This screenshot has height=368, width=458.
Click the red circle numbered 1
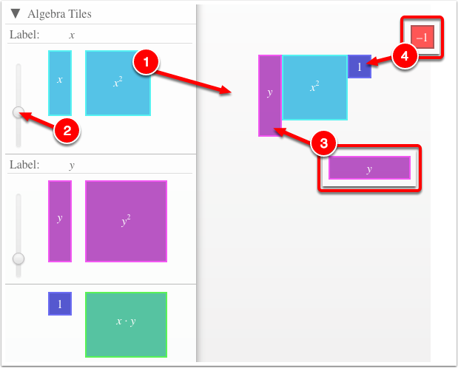click(x=146, y=62)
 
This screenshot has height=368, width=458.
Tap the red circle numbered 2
click(x=67, y=131)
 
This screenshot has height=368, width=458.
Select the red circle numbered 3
click(x=323, y=143)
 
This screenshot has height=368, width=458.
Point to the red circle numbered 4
click(x=405, y=55)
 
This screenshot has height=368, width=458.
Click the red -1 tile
click(x=422, y=37)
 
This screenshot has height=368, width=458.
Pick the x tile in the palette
click(x=60, y=84)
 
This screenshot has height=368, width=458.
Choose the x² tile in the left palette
click(x=118, y=84)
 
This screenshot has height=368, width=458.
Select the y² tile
click(x=127, y=221)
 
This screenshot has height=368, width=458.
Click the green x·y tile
click(x=127, y=325)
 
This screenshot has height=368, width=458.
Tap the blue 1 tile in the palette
click(x=60, y=304)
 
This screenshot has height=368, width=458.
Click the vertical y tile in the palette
click(x=60, y=221)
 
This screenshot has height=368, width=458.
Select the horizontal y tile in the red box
click(x=369, y=168)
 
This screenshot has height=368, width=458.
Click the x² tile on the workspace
click(x=314, y=87)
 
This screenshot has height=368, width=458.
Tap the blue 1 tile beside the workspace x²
click(x=360, y=67)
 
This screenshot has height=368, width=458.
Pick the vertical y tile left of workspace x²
click(x=270, y=96)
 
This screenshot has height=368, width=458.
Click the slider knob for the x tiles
click(x=18, y=112)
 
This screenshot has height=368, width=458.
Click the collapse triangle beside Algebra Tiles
click(x=16, y=13)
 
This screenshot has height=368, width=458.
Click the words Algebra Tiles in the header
click(x=60, y=14)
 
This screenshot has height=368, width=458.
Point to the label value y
click(x=72, y=166)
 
